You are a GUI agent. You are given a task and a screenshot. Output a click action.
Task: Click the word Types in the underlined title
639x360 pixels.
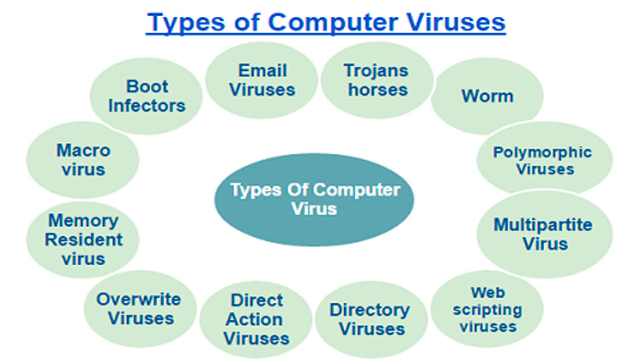[187, 22]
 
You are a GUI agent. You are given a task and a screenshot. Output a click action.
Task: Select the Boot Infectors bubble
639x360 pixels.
[146, 96]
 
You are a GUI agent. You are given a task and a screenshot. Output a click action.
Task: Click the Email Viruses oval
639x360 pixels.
[262, 80]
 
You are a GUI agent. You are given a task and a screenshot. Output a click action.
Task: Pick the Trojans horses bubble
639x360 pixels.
[377, 80]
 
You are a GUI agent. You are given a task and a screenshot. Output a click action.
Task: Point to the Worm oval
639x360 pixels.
[487, 96]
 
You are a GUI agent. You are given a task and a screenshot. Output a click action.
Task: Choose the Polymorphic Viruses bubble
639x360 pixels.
[544, 160]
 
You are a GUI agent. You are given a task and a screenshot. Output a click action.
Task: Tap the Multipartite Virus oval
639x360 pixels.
[544, 234]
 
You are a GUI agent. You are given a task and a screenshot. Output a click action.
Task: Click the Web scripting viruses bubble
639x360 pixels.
[487, 309]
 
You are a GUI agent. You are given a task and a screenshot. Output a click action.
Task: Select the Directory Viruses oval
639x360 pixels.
[371, 320]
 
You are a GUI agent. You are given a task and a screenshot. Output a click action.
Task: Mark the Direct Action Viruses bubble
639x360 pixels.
[256, 320]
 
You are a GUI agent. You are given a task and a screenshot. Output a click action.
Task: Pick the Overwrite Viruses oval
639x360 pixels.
[140, 309]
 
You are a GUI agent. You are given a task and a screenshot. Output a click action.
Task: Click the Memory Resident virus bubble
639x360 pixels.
[83, 240]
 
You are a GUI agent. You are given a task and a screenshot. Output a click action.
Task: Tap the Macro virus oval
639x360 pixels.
[83, 160]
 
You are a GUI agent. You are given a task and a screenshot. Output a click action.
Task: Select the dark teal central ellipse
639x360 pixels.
[314, 200]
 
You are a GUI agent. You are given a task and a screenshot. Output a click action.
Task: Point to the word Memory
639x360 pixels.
[84, 221]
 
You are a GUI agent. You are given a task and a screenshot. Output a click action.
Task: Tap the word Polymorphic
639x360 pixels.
[543, 153]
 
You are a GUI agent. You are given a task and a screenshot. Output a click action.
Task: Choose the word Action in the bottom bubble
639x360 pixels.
[254, 319]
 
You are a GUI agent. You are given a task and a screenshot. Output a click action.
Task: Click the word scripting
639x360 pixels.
[488, 310]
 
